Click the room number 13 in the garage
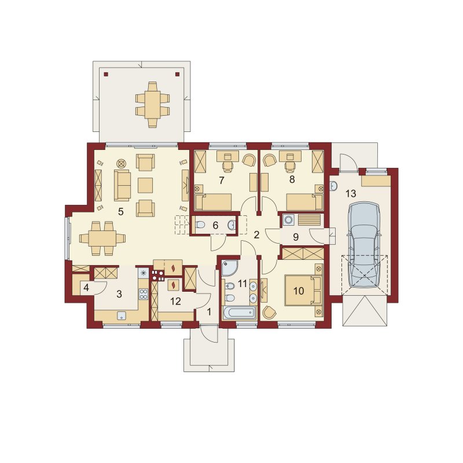(x=351, y=194)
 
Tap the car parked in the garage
(x=363, y=244)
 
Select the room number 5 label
(x=120, y=211)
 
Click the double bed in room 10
(x=303, y=291)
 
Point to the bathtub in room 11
(x=239, y=313)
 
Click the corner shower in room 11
(x=229, y=267)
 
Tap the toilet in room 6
(x=200, y=225)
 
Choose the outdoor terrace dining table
(x=152, y=105)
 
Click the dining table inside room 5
(x=102, y=238)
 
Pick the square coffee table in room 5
(x=145, y=185)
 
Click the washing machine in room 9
(x=288, y=220)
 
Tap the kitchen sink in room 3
(x=121, y=316)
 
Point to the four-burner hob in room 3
(x=144, y=293)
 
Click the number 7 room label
(x=222, y=180)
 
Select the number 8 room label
(x=292, y=179)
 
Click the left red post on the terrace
(x=106, y=75)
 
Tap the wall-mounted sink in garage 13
(x=334, y=186)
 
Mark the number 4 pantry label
(x=86, y=287)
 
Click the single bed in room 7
(x=213, y=202)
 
